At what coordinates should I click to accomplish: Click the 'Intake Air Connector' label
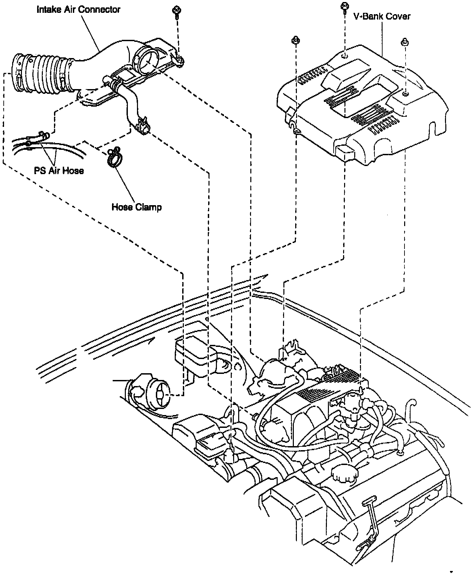78,9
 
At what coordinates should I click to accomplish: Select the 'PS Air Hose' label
59,170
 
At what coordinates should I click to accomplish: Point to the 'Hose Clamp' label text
137,207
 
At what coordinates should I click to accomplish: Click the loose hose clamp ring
115,158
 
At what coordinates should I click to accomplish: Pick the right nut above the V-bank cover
404,42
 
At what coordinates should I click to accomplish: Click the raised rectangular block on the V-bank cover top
344,73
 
